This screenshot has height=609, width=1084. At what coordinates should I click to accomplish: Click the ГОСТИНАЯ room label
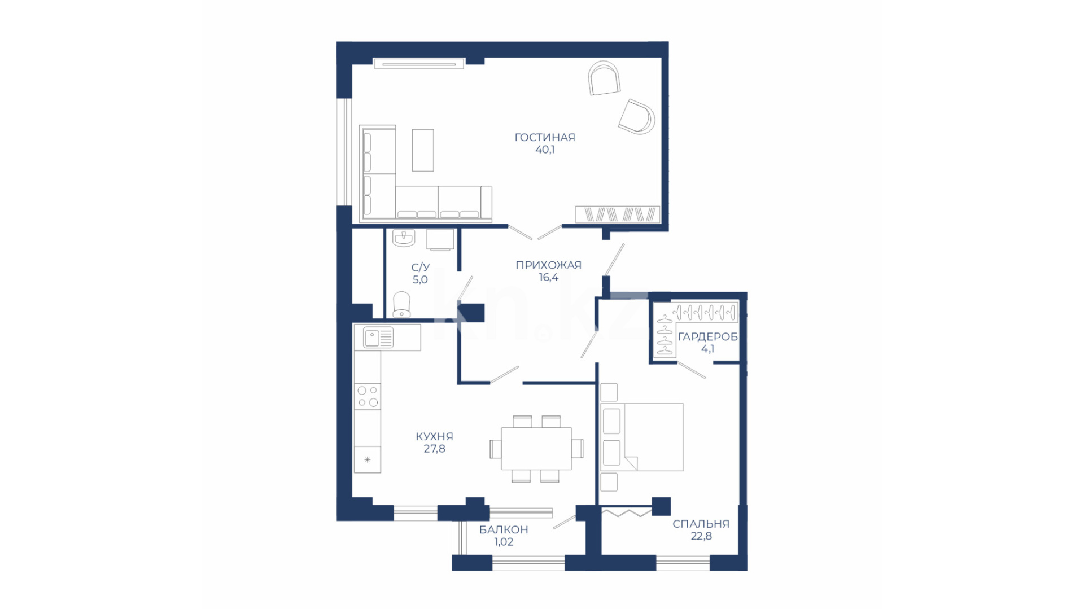(544, 137)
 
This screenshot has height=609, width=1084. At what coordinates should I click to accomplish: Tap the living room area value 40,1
(545, 150)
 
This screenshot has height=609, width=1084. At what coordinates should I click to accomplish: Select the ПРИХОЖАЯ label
(548, 265)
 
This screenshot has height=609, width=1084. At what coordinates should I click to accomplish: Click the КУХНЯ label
(434, 436)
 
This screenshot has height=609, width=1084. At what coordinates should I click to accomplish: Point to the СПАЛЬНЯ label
(701, 524)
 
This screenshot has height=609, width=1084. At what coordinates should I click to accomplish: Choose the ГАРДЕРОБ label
(707, 336)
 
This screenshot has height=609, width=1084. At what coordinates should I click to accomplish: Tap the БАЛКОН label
(504, 529)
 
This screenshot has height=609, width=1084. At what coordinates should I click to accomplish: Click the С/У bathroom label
(420, 267)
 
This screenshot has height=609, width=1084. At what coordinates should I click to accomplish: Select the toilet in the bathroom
(401, 304)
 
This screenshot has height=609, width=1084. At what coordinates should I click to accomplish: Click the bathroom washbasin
(404, 238)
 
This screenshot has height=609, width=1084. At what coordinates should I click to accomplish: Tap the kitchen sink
(378, 338)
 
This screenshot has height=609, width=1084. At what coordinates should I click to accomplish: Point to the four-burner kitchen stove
(368, 396)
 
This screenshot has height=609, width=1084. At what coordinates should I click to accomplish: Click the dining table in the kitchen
(536, 449)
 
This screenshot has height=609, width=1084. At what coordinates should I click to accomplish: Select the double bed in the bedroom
(642, 437)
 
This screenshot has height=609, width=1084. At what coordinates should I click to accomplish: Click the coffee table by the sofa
(423, 150)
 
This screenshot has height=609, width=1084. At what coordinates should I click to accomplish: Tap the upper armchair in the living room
(604, 78)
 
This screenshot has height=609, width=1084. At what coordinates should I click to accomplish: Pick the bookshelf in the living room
(618, 214)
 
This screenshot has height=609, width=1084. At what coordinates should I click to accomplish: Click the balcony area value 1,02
(504, 542)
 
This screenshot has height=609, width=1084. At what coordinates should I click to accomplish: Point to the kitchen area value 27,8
(434, 449)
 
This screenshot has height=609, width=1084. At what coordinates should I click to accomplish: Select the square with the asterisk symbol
(368, 459)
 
